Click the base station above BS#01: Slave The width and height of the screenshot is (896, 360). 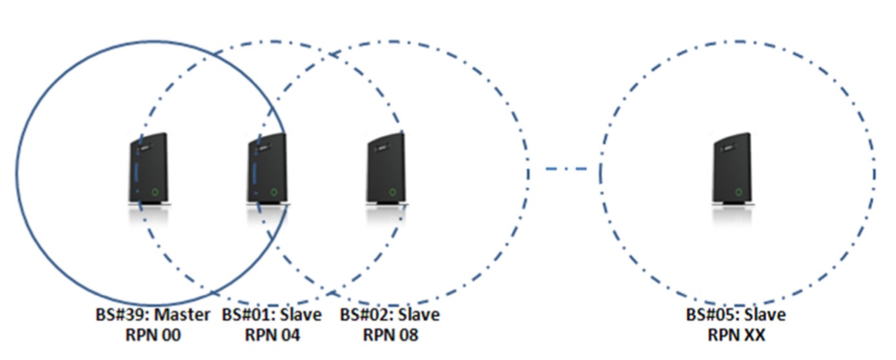tap(266, 169)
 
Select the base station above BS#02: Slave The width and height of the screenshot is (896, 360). tap(386, 169)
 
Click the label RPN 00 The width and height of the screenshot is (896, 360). tap(152, 335)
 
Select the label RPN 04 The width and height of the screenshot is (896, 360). tap(272, 335)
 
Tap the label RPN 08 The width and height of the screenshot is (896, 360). tap(390, 335)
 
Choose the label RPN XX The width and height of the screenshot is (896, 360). tap(736, 335)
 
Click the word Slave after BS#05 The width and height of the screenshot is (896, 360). tap(766, 315)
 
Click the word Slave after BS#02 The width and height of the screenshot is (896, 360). tap(420, 315)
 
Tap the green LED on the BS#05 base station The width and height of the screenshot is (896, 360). tap(738, 192)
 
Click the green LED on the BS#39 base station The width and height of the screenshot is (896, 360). tap(155, 192)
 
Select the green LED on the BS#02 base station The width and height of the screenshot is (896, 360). tap(393, 192)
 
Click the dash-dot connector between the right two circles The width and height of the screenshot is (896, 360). tap(566, 169)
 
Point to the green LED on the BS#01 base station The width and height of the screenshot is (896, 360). tap(274, 192)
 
